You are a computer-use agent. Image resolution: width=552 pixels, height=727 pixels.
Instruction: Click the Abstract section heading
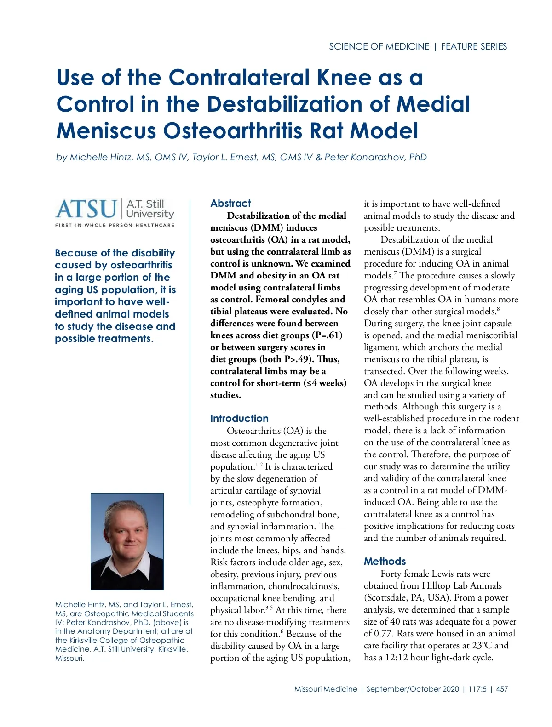click(x=230, y=204)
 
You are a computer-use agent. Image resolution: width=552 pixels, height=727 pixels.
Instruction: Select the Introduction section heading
click(x=239, y=419)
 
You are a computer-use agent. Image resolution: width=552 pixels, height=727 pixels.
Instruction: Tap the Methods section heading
click(x=385, y=562)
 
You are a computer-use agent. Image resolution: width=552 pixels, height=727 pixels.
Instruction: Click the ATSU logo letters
click(x=86, y=209)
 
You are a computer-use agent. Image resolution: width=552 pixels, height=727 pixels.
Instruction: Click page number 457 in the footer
click(x=502, y=689)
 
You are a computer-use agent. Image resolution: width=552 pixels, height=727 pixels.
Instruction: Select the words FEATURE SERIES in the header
click(x=474, y=46)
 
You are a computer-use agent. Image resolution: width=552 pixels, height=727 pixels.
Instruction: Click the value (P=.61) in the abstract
click(x=328, y=335)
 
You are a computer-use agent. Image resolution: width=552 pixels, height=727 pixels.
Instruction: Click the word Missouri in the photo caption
click(x=69, y=659)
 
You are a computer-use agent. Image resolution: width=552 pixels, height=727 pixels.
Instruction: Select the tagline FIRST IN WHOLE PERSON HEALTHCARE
click(x=115, y=225)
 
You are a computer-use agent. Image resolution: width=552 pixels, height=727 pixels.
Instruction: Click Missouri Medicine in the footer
click(x=326, y=689)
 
